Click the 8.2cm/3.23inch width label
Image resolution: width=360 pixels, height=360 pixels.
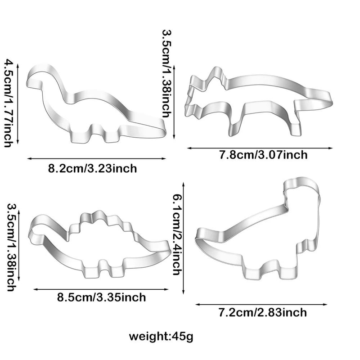pos(92,169)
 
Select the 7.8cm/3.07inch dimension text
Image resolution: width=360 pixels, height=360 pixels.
pos(263,155)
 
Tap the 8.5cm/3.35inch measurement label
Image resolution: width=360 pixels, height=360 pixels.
pos(101,297)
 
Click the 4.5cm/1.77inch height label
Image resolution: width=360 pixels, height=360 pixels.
pos(8,102)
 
